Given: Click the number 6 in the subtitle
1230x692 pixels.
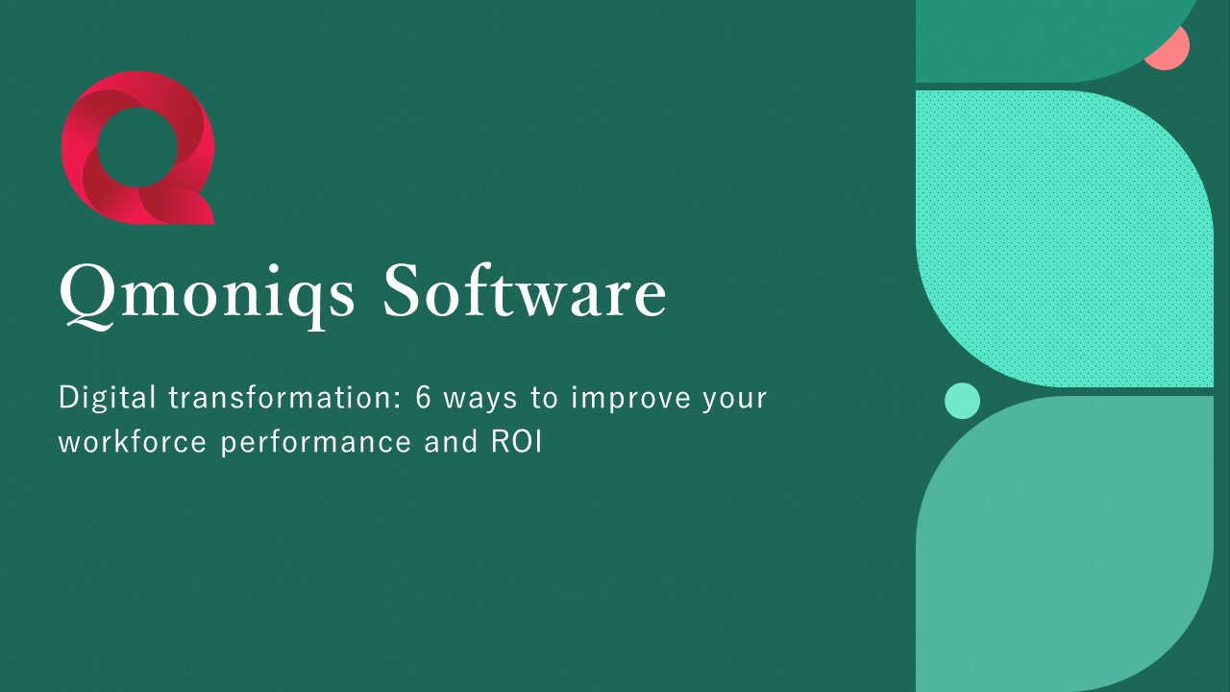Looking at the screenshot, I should click(424, 398).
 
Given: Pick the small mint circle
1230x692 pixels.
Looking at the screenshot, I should click(962, 401).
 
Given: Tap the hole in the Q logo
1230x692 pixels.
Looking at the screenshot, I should click(136, 146).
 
